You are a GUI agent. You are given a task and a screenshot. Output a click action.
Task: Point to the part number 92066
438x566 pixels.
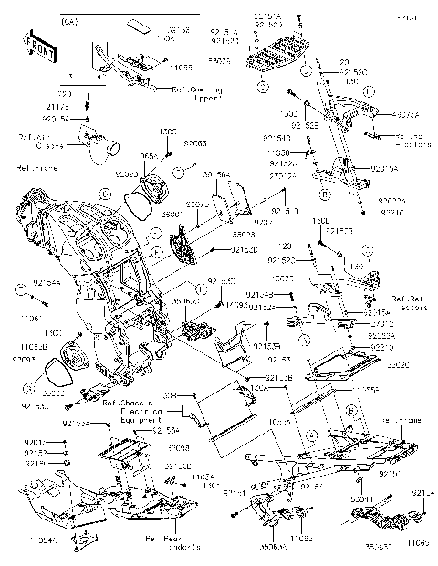(x=195, y=143)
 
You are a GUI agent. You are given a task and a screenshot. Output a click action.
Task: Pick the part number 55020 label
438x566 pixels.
(x=399, y=362)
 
